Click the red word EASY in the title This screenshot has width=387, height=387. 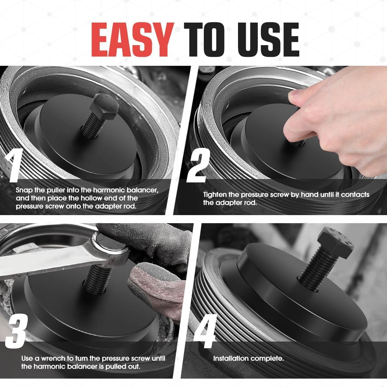(133, 39)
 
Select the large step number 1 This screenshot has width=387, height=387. (14, 165)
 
